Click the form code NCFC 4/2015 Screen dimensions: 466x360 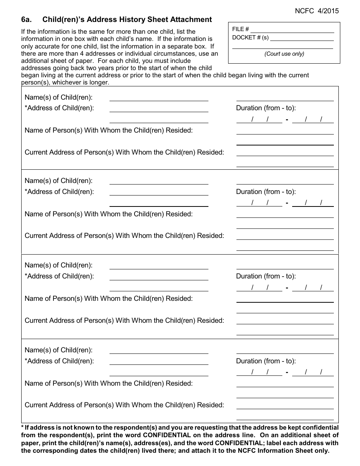(317, 11)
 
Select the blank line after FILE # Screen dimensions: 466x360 (292, 29)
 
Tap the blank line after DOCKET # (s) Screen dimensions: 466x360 (302, 38)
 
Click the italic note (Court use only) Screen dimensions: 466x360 (284, 54)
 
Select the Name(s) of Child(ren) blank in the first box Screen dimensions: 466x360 (159, 97)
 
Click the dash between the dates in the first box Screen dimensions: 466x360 (287, 120)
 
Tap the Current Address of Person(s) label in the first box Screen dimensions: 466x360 (124, 152)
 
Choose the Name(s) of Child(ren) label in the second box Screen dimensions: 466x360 (58, 181)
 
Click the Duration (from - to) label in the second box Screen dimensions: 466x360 (266, 192)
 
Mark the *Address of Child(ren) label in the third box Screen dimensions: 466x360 (59, 276)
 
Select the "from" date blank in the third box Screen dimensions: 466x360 (259, 288)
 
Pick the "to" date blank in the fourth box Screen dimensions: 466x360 (313, 372)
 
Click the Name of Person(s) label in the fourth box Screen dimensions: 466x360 (108, 383)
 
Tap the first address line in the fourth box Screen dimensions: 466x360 (159, 361)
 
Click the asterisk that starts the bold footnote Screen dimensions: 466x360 (22, 427)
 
